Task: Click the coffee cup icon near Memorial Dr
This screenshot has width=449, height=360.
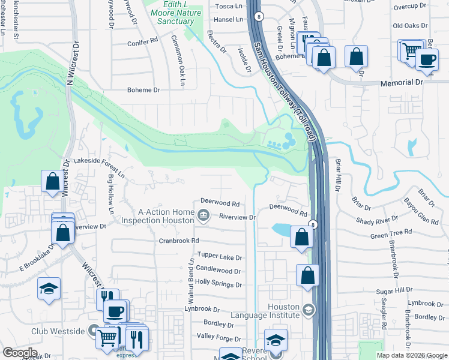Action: (x=427, y=59)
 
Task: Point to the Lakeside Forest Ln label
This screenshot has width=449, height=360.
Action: (x=98, y=167)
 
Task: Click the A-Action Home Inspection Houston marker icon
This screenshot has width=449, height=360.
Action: (x=203, y=214)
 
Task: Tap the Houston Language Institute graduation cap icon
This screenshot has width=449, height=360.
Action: (x=309, y=310)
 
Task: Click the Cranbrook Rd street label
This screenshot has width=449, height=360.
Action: (x=178, y=241)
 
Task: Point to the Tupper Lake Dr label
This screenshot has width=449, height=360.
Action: (x=219, y=257)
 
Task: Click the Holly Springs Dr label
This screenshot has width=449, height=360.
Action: (x=218, y=283)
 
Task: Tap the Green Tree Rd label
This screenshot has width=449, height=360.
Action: (x=391, y=234)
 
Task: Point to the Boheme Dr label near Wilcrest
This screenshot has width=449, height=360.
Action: (x=143, y=90)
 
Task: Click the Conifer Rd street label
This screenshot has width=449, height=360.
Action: (x=142, y=43)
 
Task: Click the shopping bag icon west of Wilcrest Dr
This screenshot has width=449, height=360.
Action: (x=52, y=181)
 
